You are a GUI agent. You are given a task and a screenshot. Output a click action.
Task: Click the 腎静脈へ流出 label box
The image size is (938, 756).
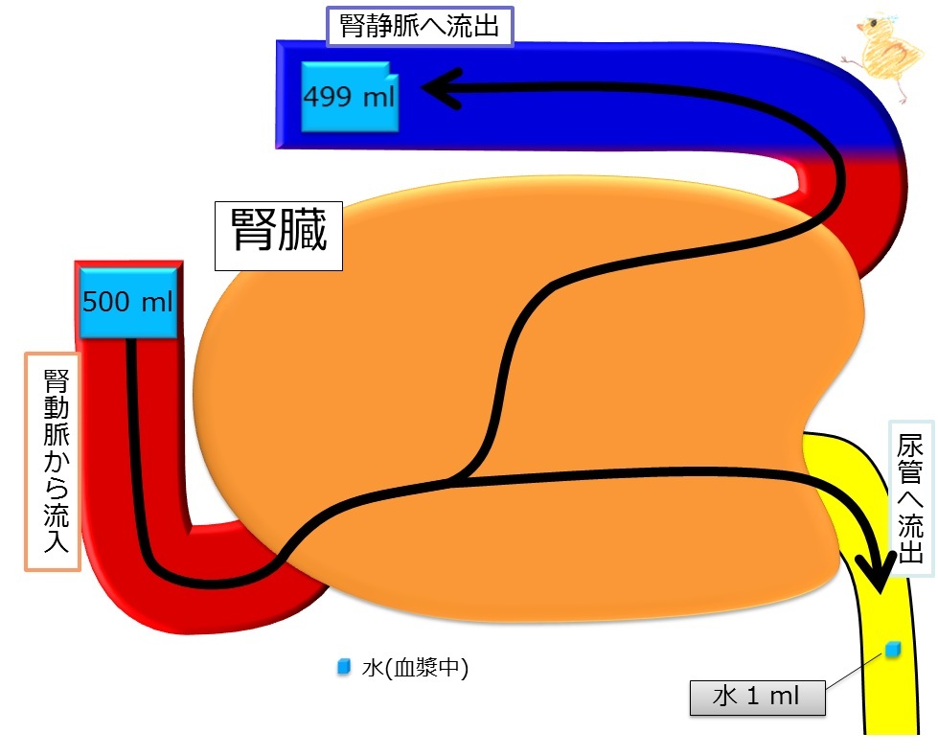420,26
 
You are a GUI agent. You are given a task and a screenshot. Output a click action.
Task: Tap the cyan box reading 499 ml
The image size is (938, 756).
350,96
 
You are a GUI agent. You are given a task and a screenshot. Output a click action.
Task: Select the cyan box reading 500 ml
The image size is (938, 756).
128,302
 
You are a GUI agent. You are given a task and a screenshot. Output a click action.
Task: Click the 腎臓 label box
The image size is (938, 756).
279,236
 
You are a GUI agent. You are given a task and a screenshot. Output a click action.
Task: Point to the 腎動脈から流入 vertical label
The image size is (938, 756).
53,462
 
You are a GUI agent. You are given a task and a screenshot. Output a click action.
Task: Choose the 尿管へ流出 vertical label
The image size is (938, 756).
910,499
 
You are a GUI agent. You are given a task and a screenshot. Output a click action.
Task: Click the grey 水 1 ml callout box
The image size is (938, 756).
757,698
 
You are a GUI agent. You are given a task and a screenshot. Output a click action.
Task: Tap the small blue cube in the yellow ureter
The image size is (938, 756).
893,649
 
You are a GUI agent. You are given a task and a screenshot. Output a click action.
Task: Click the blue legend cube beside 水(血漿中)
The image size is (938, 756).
343,666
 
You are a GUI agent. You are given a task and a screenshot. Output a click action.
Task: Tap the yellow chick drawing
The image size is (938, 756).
886,57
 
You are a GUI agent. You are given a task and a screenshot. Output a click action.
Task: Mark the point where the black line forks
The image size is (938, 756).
460,477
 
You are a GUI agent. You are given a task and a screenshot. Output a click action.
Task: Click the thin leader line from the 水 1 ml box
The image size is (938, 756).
855,671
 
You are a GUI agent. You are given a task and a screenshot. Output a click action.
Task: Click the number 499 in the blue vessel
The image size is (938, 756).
329,96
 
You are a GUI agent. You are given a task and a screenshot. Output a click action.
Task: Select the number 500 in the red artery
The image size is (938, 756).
106,302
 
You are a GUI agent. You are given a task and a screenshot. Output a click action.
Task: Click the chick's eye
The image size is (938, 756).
874,23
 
